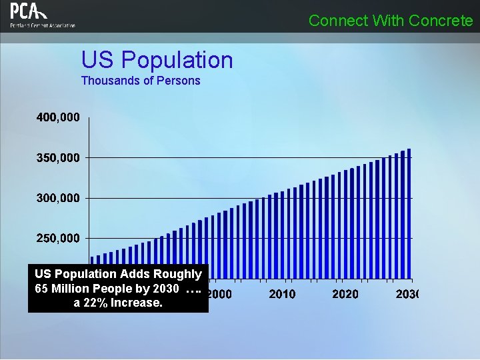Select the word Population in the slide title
click(x=178, y=60)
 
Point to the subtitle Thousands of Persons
click(x=140, y=81)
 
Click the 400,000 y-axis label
click(x=58, y=117)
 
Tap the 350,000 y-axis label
click(x=58, y=158)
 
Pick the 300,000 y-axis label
click(x=58, y=198)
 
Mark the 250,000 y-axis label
click(x=58, y=238)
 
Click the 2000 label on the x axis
click(x=219, y=294)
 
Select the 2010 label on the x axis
click(x=282, y=294)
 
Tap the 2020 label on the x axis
click(x=345, y=294)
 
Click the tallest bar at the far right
click(x=409, y=213)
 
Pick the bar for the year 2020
click(x=345, y=224)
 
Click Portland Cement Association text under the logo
click(x=43, y=25)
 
